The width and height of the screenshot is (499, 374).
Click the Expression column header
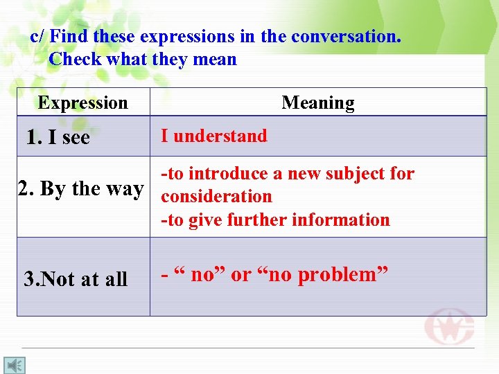tap(82, 103)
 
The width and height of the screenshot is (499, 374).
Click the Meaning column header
tap(317, 103)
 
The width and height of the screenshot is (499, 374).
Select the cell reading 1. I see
tap(58, 137)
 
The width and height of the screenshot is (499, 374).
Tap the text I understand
tap(213, 136)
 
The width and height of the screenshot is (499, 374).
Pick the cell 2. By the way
tap(81, 188)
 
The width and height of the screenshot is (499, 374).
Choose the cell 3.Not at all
tap(76, 279)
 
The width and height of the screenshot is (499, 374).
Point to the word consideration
tap(216, 197)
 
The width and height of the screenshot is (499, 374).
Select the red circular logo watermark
tap(449, 326)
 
